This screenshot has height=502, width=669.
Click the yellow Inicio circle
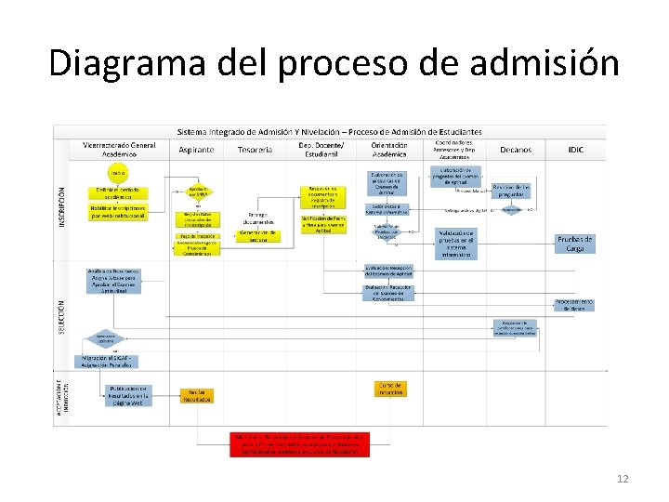(117, 174)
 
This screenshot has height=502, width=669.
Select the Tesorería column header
(255, 150)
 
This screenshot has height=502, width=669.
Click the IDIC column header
(575, 150)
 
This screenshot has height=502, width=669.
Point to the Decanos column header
(516, 150)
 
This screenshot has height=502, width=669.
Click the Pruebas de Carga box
(575, 244)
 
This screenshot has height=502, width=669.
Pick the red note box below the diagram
(299, 443)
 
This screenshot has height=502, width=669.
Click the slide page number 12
(622, 479)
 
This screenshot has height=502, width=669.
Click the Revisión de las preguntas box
(512, 190)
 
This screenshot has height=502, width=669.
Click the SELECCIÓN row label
(61, 313)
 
